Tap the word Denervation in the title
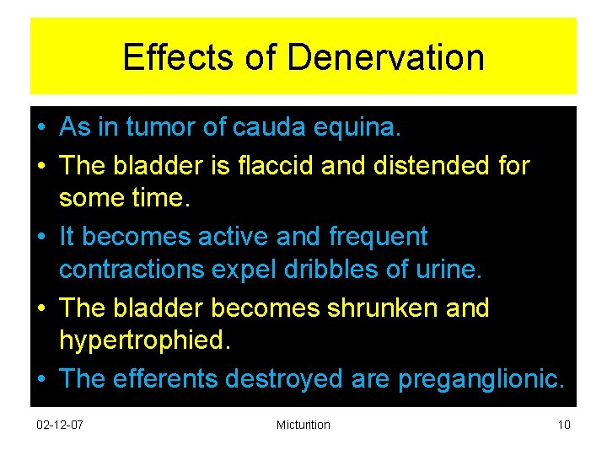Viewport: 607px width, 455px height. point(385,58)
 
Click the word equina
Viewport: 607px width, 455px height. point(367,129)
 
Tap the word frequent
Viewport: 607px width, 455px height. point(378,237)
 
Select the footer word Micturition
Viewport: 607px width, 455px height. point(303,425)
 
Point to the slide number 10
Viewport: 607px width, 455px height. point(564,425)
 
